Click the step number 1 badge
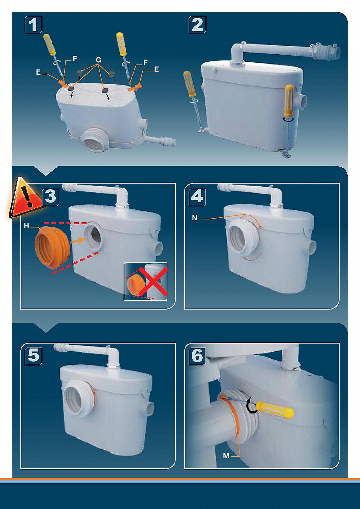click(33, 24)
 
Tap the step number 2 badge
click(197, 24)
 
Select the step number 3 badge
click(50, 196)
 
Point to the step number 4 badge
click(197, 196)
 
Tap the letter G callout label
click(98, 60)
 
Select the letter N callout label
click(195, 218)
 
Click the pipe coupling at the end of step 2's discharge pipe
click(326, 52)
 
